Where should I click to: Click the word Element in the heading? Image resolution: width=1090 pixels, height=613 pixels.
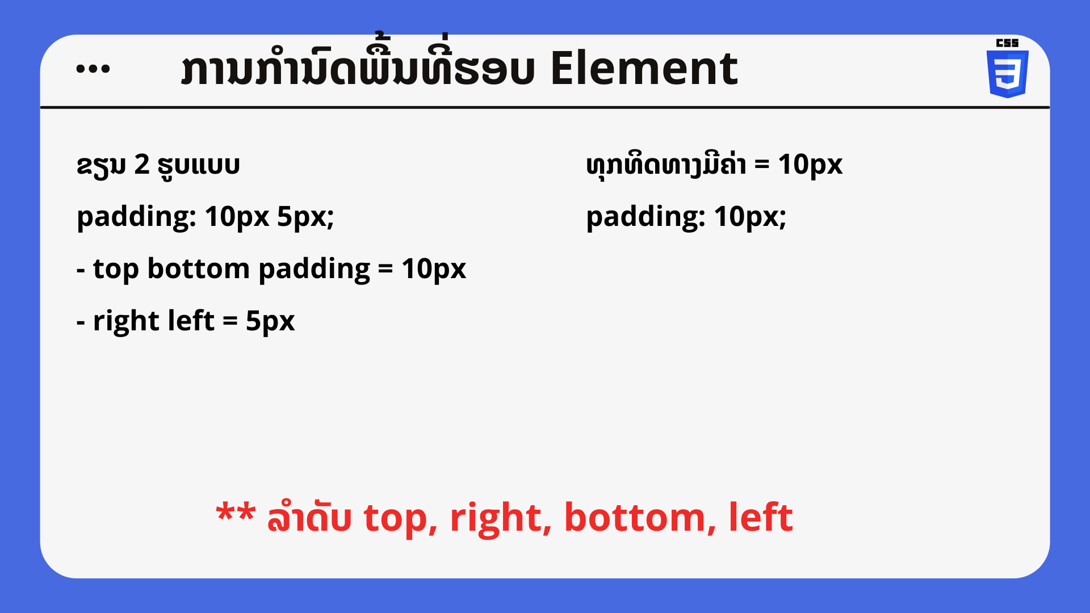644,69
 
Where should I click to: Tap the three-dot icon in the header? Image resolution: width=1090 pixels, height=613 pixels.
93,69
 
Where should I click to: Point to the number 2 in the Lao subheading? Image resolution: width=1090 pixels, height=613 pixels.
142,165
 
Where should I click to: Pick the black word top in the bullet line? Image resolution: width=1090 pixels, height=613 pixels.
116,269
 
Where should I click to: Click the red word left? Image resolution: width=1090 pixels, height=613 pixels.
761,517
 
